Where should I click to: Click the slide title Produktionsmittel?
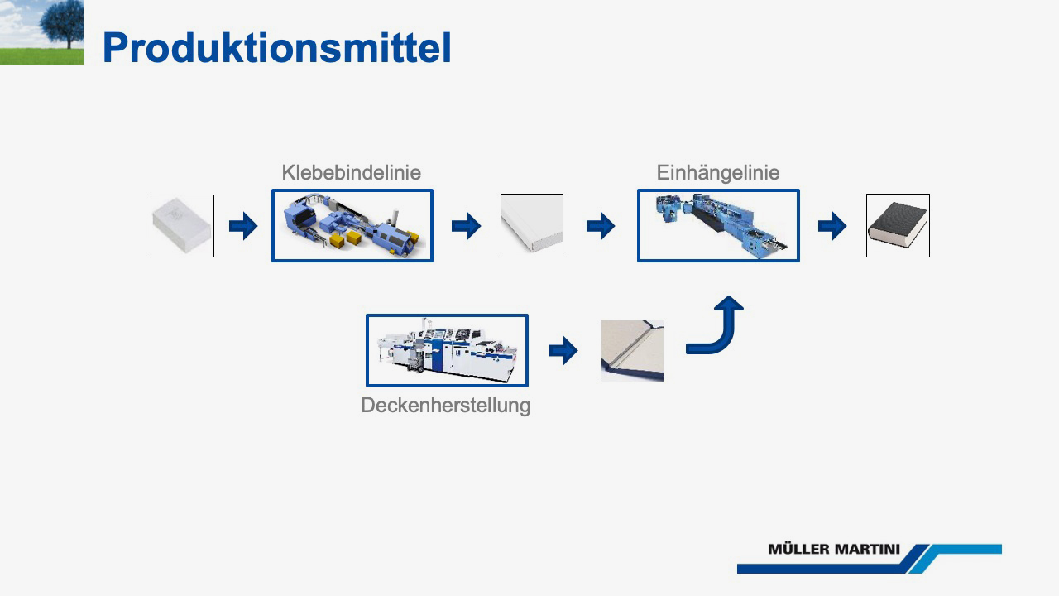coord(276,48)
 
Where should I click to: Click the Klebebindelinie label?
coord(352,172)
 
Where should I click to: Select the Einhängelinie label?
coord(717,173)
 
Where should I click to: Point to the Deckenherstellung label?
coord(445,406)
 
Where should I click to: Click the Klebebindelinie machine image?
coord(352,226)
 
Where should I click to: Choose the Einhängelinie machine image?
coord(718,226)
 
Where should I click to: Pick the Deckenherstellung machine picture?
coord(447,350)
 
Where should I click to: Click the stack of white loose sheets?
coord(183,226)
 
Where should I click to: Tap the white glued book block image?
coord(532,226)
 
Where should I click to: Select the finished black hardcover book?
coord(898,226)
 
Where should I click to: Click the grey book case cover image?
coord(633,351)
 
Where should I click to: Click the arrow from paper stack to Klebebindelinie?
coord(243,226)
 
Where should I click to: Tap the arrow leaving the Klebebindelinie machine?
coord(466,226)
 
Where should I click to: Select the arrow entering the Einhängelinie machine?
coord(601,226)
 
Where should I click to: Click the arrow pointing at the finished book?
coord(832,226)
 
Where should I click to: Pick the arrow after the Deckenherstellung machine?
coord(563,351)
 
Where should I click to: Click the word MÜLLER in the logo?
coord(798,549)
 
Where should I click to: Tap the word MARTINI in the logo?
coord(866,549)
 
